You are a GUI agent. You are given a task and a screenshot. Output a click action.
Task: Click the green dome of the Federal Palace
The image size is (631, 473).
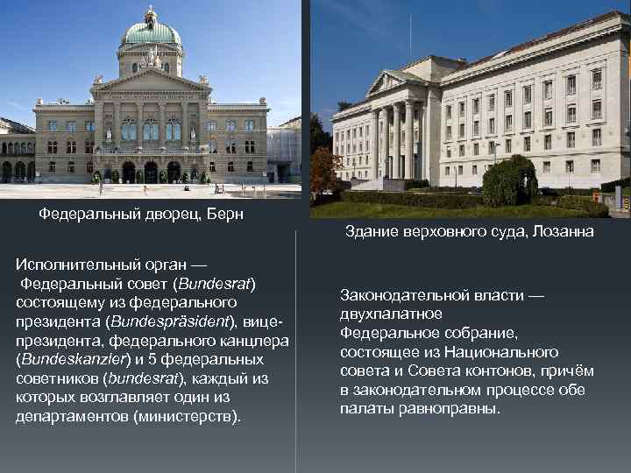[152, 33]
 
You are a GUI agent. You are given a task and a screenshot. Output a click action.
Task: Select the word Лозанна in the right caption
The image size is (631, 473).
[562, 231]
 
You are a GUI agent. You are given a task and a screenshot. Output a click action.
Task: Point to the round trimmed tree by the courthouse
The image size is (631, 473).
[510, 179]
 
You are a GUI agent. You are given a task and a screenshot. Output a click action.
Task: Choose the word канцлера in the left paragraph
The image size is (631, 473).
[253, 341]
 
